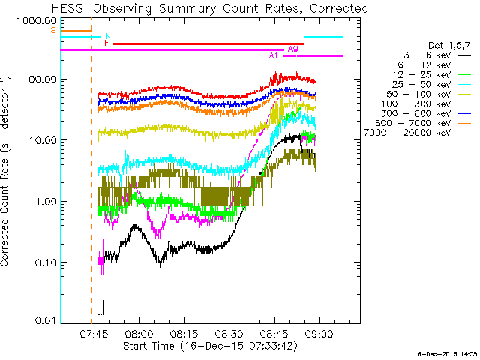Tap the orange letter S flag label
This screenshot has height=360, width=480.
coord(52,30)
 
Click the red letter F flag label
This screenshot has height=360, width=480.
coord(106,43)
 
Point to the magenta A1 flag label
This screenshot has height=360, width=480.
coord(274,56)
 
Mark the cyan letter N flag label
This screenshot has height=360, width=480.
coord(108,36)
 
